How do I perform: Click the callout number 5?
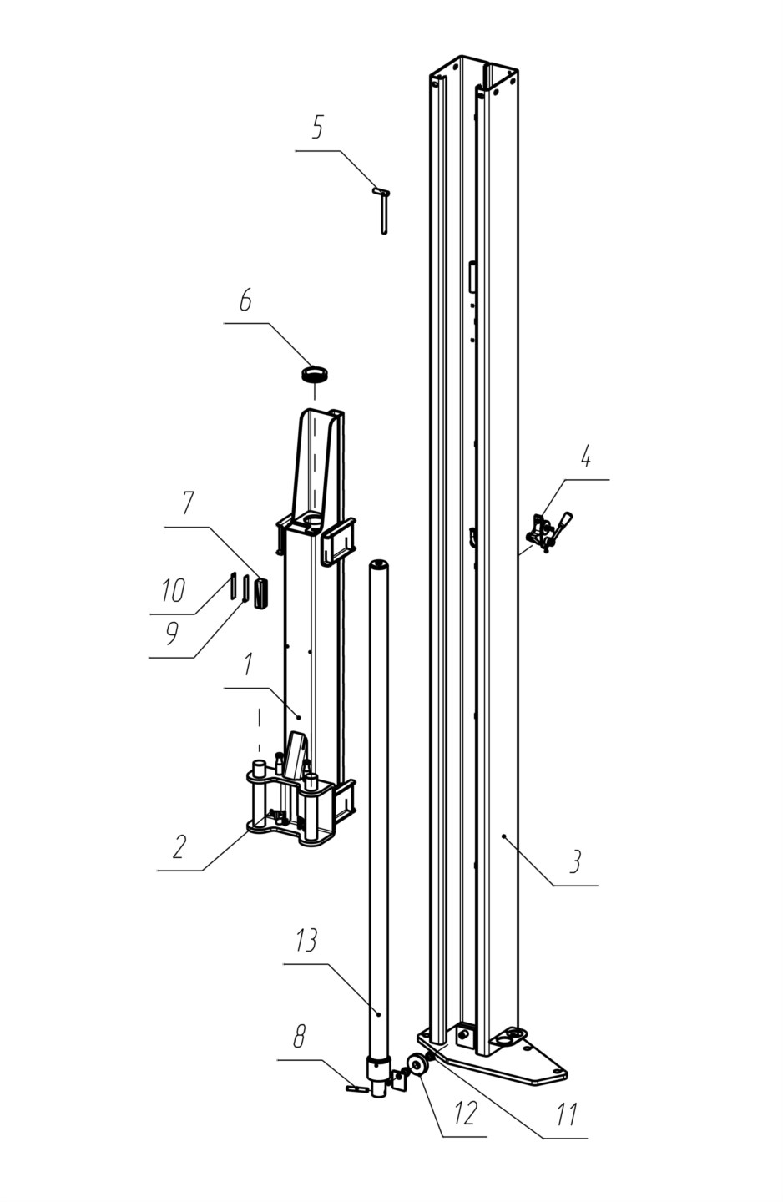pyautogui.click(x=317, y=128)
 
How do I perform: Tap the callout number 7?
pyautogui.click(x=188, y=503)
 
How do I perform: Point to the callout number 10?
pyautogui.click(x=174, y=591)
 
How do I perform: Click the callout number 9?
pyautogui.click(x=171, y=634)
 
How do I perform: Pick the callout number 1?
pyautogui.click(x=248, y=664)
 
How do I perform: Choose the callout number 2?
pyautogui.click(x=179, y=846)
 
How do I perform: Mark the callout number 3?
pyautogui.click(x=575, y=861)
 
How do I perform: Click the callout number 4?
pyautogui.click(x=586, y=457)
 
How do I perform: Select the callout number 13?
pyautogui.click(x=306, y=941)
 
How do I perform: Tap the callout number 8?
pyautogui.click(x=299, y=1038)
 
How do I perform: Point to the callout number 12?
pyautogui.click(x=464, y=1113)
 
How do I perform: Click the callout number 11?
pyautogui.click(x=567, y=1114)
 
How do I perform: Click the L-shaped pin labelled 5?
pyautogui.click(x=383, y=209)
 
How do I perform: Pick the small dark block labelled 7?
pyautogui.click(x=262, y=592)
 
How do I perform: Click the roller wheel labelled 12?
pyautogui.click(x=415, y=1066)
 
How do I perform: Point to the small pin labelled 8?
pyautogui.click(x=357, y=1088)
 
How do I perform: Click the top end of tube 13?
pyautogui.click(x=380, y=565)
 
